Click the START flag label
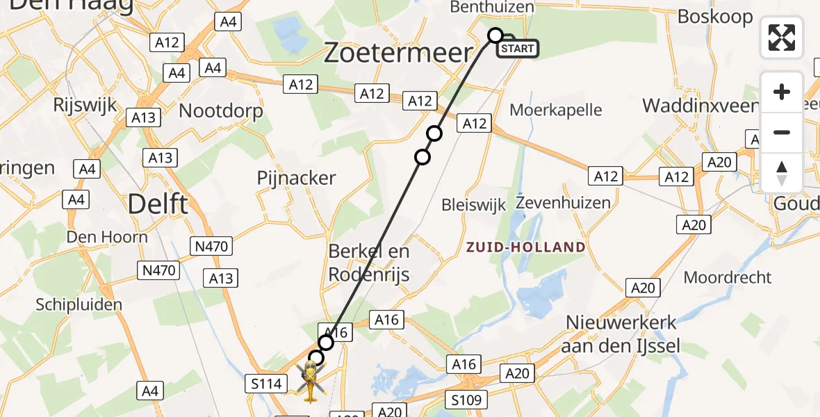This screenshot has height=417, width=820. click(518, 48)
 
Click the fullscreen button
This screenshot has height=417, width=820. click(782, 38)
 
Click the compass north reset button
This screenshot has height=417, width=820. click(782, 173)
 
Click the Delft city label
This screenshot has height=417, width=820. click(158, 204)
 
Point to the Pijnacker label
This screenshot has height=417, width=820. click(296, 178)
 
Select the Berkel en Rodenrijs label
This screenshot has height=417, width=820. click(369, 263)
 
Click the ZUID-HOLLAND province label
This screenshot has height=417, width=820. click(525, 247)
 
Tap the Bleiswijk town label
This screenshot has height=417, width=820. click(474, 205)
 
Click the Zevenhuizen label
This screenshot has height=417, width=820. click(563, 203)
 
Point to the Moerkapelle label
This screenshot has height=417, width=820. click(556, 110)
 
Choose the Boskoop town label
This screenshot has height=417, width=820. click(715, 16)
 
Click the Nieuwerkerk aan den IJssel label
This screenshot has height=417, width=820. click(622, 334)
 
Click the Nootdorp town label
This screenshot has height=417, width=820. click(221, 111)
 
